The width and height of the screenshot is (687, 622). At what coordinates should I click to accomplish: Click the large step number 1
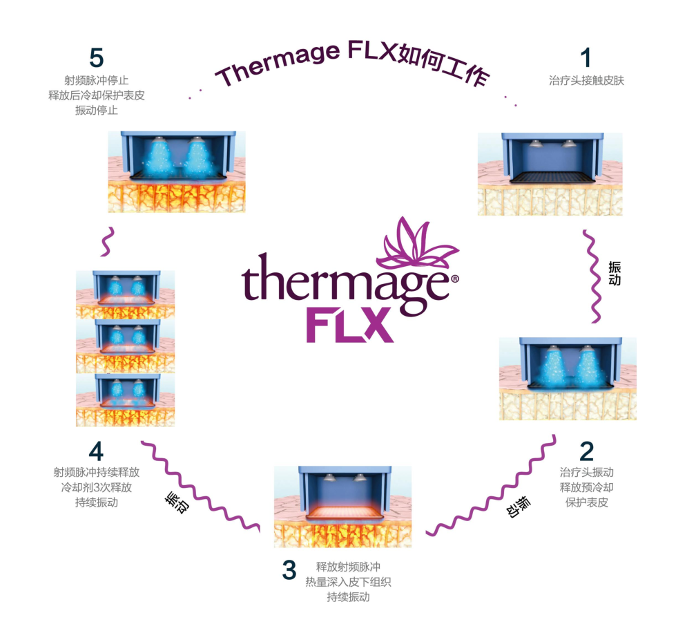(x=586, y=58)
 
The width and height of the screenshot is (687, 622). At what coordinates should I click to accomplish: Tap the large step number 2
(x=587, y=451)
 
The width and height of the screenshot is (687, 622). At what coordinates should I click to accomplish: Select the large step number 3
(x=289, y=569)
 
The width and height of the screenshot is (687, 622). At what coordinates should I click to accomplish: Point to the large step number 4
(x=97, y=451)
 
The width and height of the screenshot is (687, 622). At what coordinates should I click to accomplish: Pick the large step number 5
(x=97, y=58)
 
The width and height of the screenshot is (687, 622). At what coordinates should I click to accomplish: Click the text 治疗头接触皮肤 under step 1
(x=587, y=80)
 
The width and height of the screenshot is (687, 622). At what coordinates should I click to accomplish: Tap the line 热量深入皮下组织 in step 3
(x=348, y=582)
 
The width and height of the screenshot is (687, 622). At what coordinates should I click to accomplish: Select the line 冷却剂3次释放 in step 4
(x=97, y=487)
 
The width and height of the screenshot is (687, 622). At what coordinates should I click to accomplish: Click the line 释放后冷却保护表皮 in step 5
(x=97, y=95)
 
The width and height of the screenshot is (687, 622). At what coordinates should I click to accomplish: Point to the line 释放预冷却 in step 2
(x=587, y=487)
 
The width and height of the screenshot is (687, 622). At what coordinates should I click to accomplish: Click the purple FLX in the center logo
(x=349, y=325)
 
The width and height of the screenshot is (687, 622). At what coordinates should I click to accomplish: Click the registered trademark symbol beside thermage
(x=455, y=279)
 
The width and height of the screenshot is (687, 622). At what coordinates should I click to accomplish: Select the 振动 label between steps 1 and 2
(x=615, y=273)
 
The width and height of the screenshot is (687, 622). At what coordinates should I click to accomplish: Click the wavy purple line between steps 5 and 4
(x=108, y=242)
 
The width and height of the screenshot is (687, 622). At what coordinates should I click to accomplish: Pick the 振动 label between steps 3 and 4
(x=177, y=502)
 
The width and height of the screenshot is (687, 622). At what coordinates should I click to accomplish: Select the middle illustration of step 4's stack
(x=125, y=346)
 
